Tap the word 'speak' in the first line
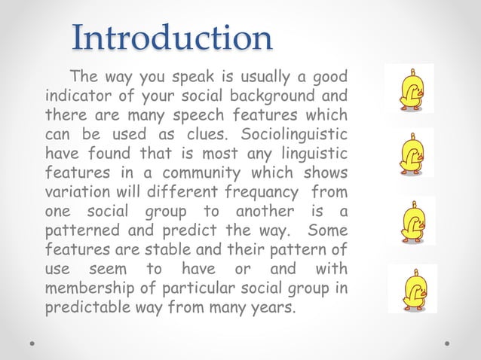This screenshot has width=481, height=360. (180, 77)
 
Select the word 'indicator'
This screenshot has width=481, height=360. (75, 97)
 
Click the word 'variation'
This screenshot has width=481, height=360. (75, 193)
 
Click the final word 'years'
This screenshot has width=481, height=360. (273, 309)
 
